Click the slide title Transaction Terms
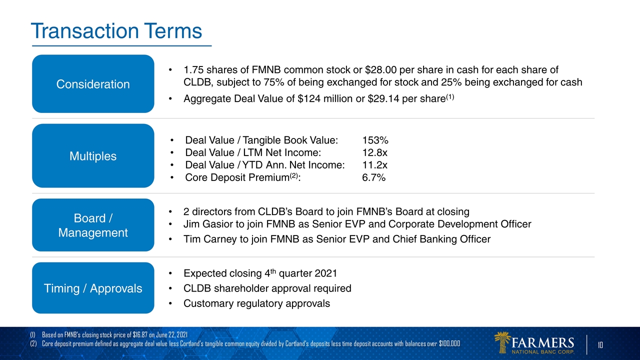tap(116, 31)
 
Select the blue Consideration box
tap(93, 84)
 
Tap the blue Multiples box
tap(93, 156)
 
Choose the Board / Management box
tap(93, 225)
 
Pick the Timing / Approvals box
tap(93, 288)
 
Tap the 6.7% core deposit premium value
tap(373, 177)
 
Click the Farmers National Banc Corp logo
tap(534, 343)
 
